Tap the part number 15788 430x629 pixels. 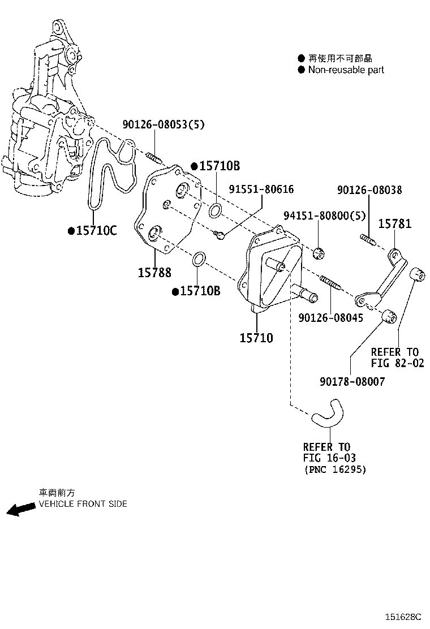tap(154, 273)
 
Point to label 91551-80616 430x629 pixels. tap(261, 189)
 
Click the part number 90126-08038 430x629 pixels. tap(369, 191)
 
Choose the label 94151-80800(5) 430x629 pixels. tap(324, 216)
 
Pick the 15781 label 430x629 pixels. tap(394, 224)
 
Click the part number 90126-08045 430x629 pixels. tap(331, 318)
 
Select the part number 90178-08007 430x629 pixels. tap(351, 382)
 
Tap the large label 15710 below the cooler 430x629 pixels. tap(256, 338)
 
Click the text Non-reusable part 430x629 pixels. tap(346, 70)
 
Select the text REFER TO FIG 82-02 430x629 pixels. tap(397, 357)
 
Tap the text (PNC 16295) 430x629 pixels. tap(335, 469)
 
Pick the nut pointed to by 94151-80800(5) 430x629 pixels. tap(319, 252)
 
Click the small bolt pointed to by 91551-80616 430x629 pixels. tap(220, 234)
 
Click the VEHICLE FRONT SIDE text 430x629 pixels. tap(83, 504)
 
